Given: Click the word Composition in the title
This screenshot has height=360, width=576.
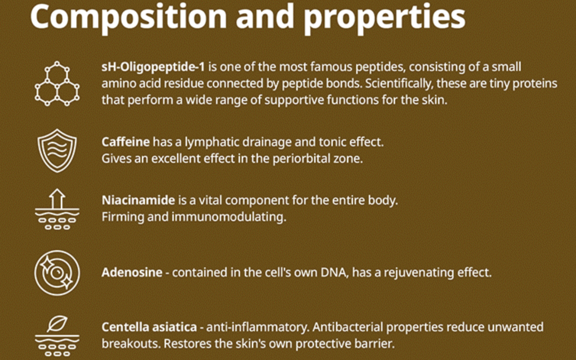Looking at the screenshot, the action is (129, 16).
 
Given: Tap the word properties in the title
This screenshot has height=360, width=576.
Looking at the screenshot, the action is (385, 18).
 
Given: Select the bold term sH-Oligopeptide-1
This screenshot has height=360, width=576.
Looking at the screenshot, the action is (153, 67).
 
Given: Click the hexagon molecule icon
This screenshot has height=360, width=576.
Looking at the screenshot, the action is (57, 84).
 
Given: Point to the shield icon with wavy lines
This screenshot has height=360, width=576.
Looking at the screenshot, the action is (57, 150).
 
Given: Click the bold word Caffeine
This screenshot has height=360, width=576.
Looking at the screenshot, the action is (126, 142).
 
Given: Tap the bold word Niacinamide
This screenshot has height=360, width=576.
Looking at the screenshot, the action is (138, 200).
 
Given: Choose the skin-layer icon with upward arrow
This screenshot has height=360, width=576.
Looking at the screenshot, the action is (57, 210).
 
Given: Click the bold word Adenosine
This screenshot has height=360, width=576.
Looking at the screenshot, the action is (132, 273).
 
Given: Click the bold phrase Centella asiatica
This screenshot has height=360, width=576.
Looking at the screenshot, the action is (149, 327).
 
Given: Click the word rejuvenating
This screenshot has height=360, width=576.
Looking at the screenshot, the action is (414, 273).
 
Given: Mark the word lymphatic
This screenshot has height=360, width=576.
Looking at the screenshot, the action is (210, 142).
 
